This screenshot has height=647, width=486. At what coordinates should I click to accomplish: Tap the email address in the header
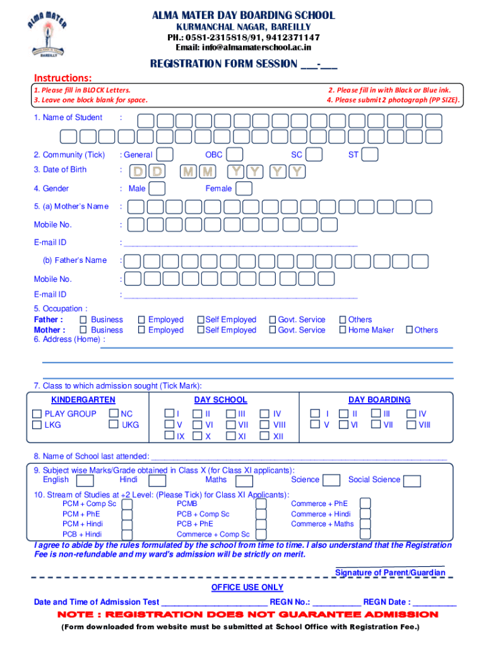pos(243,47)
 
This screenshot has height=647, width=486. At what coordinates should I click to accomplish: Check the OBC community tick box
pos(234,155)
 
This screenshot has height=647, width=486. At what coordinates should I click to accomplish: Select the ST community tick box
pos(370,155)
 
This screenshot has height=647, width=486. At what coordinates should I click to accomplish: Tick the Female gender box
pos(244,188)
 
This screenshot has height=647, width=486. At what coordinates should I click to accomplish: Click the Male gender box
pos(157,188)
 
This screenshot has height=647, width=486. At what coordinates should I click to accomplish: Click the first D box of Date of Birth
pos(137,171)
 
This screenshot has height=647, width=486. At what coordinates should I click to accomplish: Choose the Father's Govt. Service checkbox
pos(273,320)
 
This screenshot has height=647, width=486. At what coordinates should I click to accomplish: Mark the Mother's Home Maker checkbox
pos(343,330)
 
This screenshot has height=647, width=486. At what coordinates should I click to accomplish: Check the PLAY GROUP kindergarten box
pos(37,414)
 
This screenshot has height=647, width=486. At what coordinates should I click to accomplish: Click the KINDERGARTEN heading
pos(83,400)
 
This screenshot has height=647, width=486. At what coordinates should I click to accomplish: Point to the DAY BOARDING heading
pos(379,400)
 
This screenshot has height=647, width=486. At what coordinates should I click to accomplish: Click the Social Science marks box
pos(412,481)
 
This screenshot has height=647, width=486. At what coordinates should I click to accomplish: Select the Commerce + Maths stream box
pos(365,524)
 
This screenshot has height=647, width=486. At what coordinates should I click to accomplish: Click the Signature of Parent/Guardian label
pos(390,572)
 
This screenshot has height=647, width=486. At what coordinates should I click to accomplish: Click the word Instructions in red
pos(63,78)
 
